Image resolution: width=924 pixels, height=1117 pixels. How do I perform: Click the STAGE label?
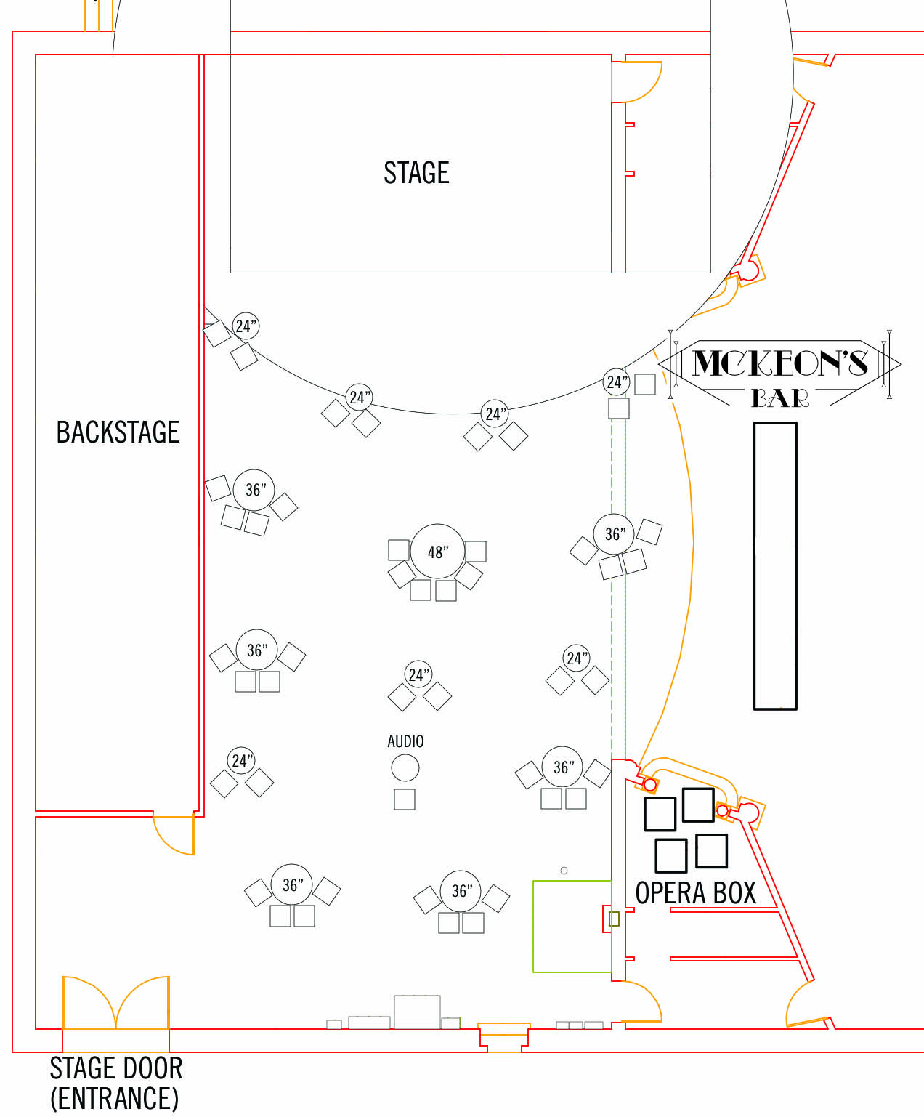[x=416, y=173]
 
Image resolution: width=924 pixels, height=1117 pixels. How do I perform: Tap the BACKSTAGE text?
[x=118, y=432]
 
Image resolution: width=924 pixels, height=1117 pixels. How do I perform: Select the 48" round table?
[x=437, y=551]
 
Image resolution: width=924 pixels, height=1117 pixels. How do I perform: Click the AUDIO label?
[x=405, y=741]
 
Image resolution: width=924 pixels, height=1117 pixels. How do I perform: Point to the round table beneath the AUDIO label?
[x=405, y=767]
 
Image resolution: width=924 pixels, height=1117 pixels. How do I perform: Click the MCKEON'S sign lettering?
[x=780, y=363]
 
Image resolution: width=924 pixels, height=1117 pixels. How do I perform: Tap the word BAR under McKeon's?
[x=780, y=398]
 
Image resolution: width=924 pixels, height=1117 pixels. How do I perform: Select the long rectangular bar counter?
[x=775, y=566]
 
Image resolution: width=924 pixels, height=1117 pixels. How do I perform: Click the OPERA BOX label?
[x=696, y=893]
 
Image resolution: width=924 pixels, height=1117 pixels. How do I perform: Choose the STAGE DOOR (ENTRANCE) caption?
[x=116, y=1084]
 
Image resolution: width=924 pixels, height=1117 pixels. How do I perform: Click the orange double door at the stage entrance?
[x=116, y=1002]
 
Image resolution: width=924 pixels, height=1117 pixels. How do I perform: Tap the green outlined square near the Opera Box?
[x=572, y=926]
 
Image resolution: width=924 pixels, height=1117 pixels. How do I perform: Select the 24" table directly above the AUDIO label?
[x=418, y=674]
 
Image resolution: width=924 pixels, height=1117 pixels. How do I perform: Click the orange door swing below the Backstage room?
[x=173, y=834]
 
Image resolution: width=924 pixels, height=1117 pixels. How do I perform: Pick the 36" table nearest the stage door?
[x=291, y=884]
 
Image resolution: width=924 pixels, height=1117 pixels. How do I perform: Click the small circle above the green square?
[x=564, y=871]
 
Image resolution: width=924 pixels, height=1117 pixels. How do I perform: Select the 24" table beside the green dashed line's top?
[x=617, y=382]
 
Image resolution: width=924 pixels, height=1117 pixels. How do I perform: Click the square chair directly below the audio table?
[x=404, y=799]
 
